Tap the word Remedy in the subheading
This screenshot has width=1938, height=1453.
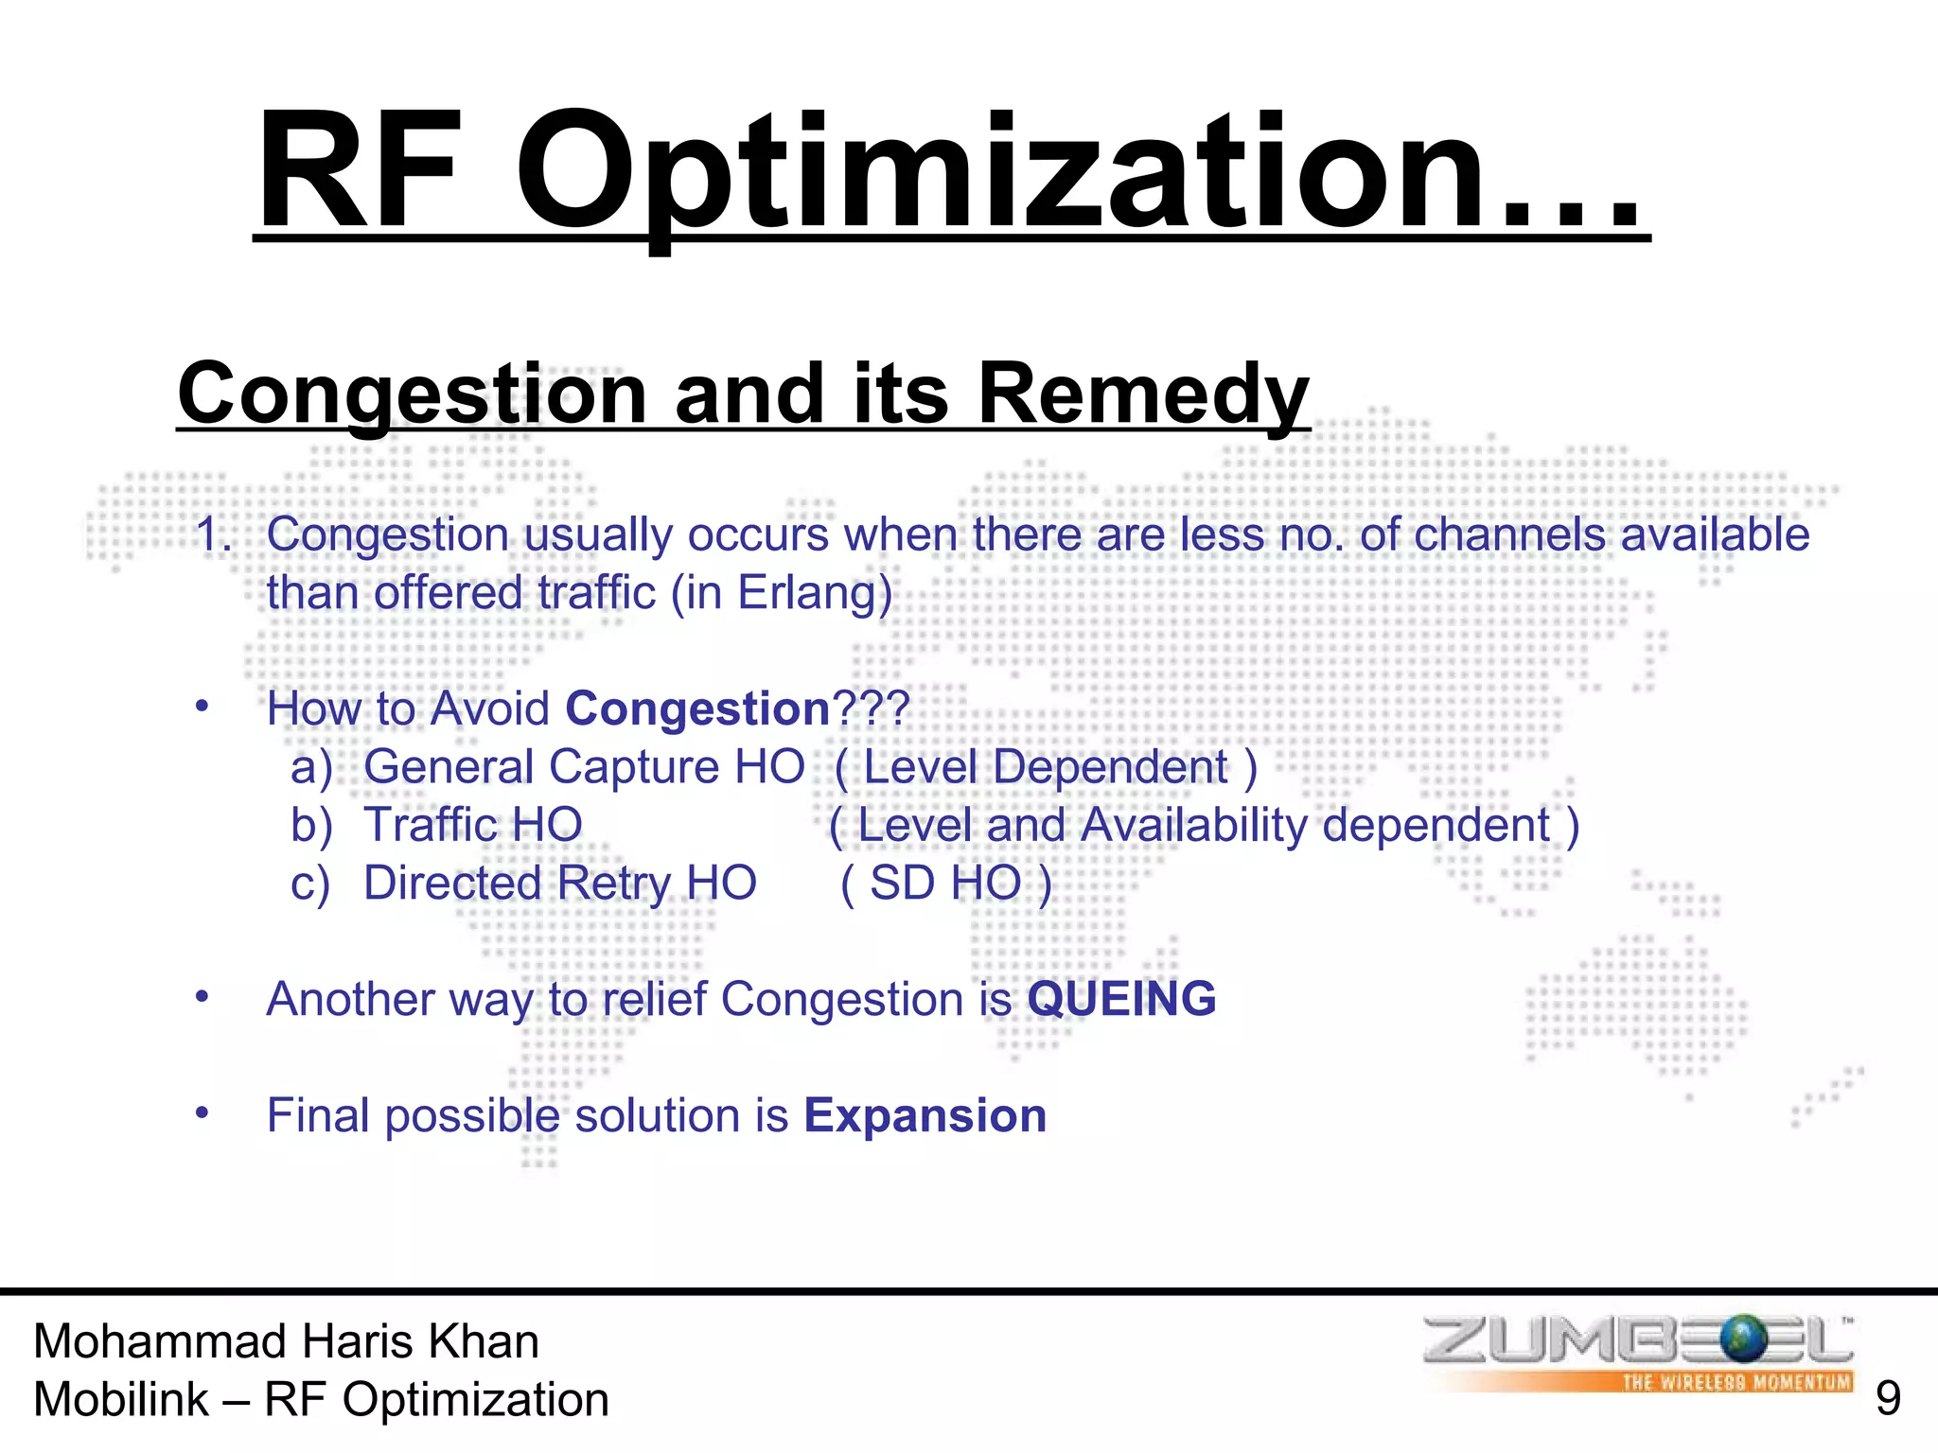tap(1142, 394)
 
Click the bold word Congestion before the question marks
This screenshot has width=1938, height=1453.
tap(697, 709)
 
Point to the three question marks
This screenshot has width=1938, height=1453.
tap(871, 709)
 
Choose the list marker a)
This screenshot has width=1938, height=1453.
tap(311, 767)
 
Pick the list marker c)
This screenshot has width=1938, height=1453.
tap(310, 884)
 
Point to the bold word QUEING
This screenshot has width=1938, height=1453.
tap(1121, 999)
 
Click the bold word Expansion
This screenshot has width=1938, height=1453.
tap(925, 1115)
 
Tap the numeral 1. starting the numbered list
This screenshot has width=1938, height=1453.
tap(214, 535)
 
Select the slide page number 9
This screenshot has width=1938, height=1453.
tap(1887, 1398)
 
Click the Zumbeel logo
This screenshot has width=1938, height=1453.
tap(1637, 1341)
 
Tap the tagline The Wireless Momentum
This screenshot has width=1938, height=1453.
tap(1735, 1382)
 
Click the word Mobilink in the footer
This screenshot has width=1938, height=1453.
tap(121, 1400)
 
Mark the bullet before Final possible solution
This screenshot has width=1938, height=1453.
tap(202, 1112)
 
